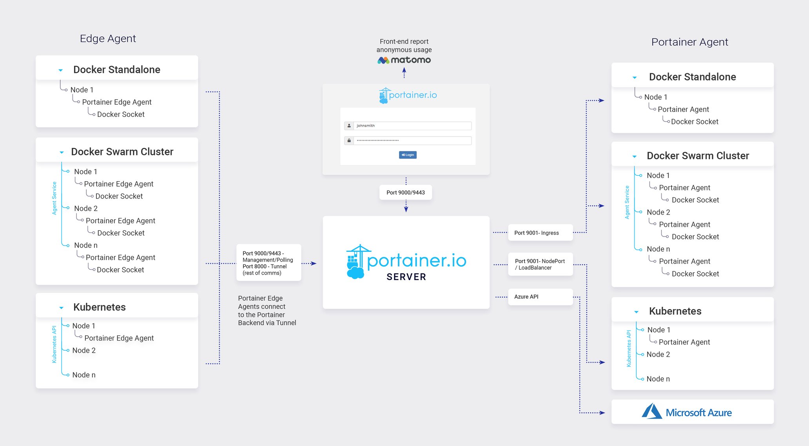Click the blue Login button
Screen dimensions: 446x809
[408, 155]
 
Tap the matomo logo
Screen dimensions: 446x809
[404, 60]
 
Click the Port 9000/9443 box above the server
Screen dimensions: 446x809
[406, 193]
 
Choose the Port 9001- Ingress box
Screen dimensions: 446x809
[540, 233]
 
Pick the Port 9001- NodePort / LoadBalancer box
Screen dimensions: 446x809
[540, 264]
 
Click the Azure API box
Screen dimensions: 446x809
[540, 297]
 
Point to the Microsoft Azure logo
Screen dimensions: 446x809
[687, 412]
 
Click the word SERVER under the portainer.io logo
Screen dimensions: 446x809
[406, 277]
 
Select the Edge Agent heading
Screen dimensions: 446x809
[108, 38]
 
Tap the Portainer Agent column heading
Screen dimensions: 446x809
[689, 42]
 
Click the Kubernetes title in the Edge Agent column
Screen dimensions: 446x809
[100, 307]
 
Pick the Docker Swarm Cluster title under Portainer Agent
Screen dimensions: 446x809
[698, 156]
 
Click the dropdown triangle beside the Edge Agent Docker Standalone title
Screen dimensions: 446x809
[61, 70]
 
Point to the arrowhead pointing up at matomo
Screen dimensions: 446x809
[404, 70]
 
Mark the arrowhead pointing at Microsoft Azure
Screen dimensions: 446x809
[602, 413]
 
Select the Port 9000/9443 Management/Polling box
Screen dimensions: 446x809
[268, 263]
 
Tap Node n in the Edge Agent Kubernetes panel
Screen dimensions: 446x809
[84, 375]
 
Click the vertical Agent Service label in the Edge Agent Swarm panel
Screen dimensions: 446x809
[54, 198]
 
